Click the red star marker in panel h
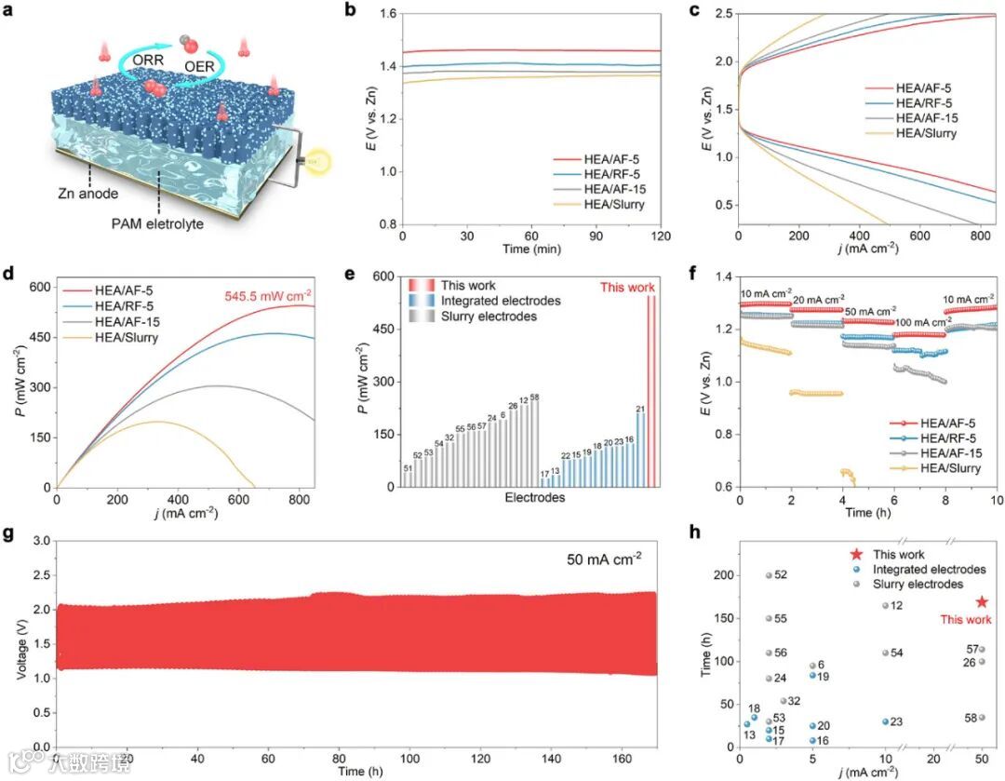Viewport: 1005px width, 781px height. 981,602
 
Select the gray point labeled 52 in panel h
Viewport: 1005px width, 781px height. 769,575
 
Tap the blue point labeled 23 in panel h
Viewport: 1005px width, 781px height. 885,721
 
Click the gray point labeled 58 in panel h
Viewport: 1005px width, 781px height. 981,718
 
